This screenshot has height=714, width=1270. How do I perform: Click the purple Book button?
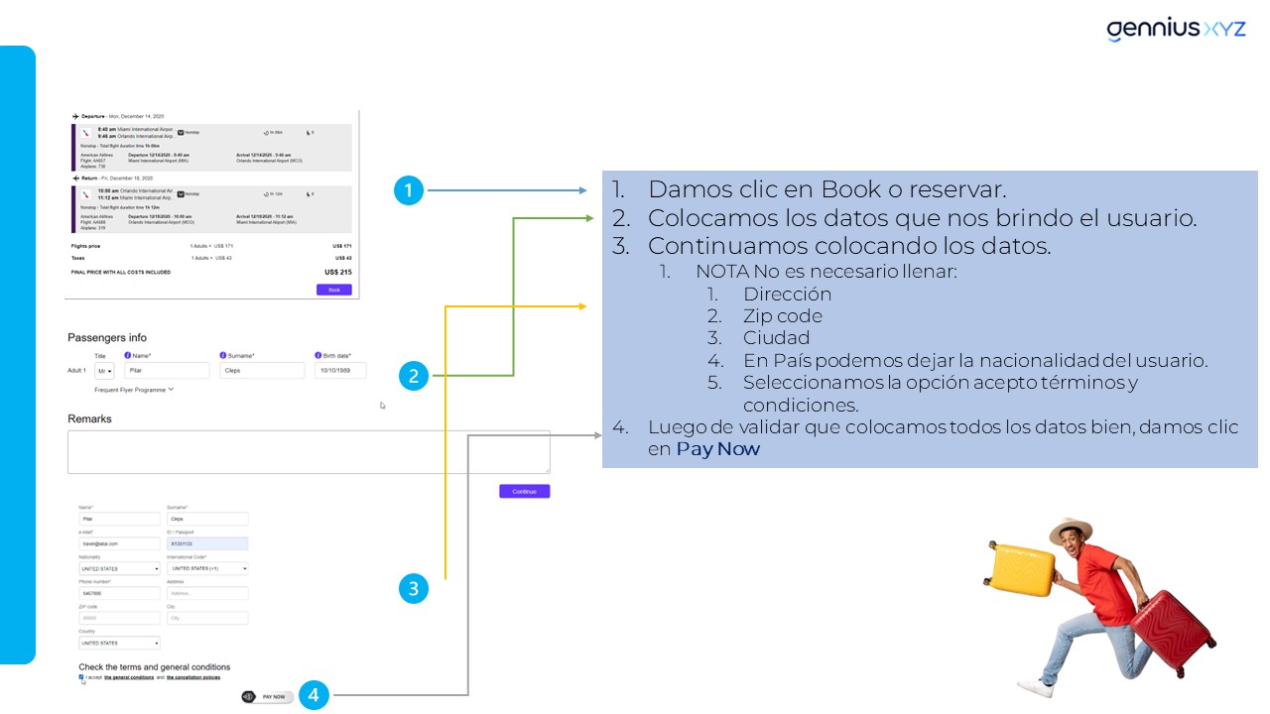(333, 290)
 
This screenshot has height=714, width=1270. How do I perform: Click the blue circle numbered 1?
(409, 190)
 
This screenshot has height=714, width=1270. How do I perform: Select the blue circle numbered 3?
(414, 589)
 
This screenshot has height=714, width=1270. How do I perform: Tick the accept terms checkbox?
(81, 677)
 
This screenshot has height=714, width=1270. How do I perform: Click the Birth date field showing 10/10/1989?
(340, 371)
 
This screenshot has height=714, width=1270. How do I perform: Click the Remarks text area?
(309, 452)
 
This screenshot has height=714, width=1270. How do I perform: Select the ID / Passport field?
(207, 543)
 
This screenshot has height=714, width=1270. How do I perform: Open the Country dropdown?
(119, 643)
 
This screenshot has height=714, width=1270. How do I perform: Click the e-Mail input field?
(119, 543)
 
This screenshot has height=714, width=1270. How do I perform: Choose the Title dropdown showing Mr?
(104, 371)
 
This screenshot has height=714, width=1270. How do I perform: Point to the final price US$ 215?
(337, 272)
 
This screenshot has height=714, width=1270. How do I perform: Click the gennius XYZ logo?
(1176, 30)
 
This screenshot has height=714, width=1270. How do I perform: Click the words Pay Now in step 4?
(717, 449)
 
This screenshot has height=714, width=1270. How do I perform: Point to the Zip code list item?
(782, 316)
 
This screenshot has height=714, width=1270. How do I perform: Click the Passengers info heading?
(107, 338)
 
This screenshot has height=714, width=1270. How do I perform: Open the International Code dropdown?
(207, 568)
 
